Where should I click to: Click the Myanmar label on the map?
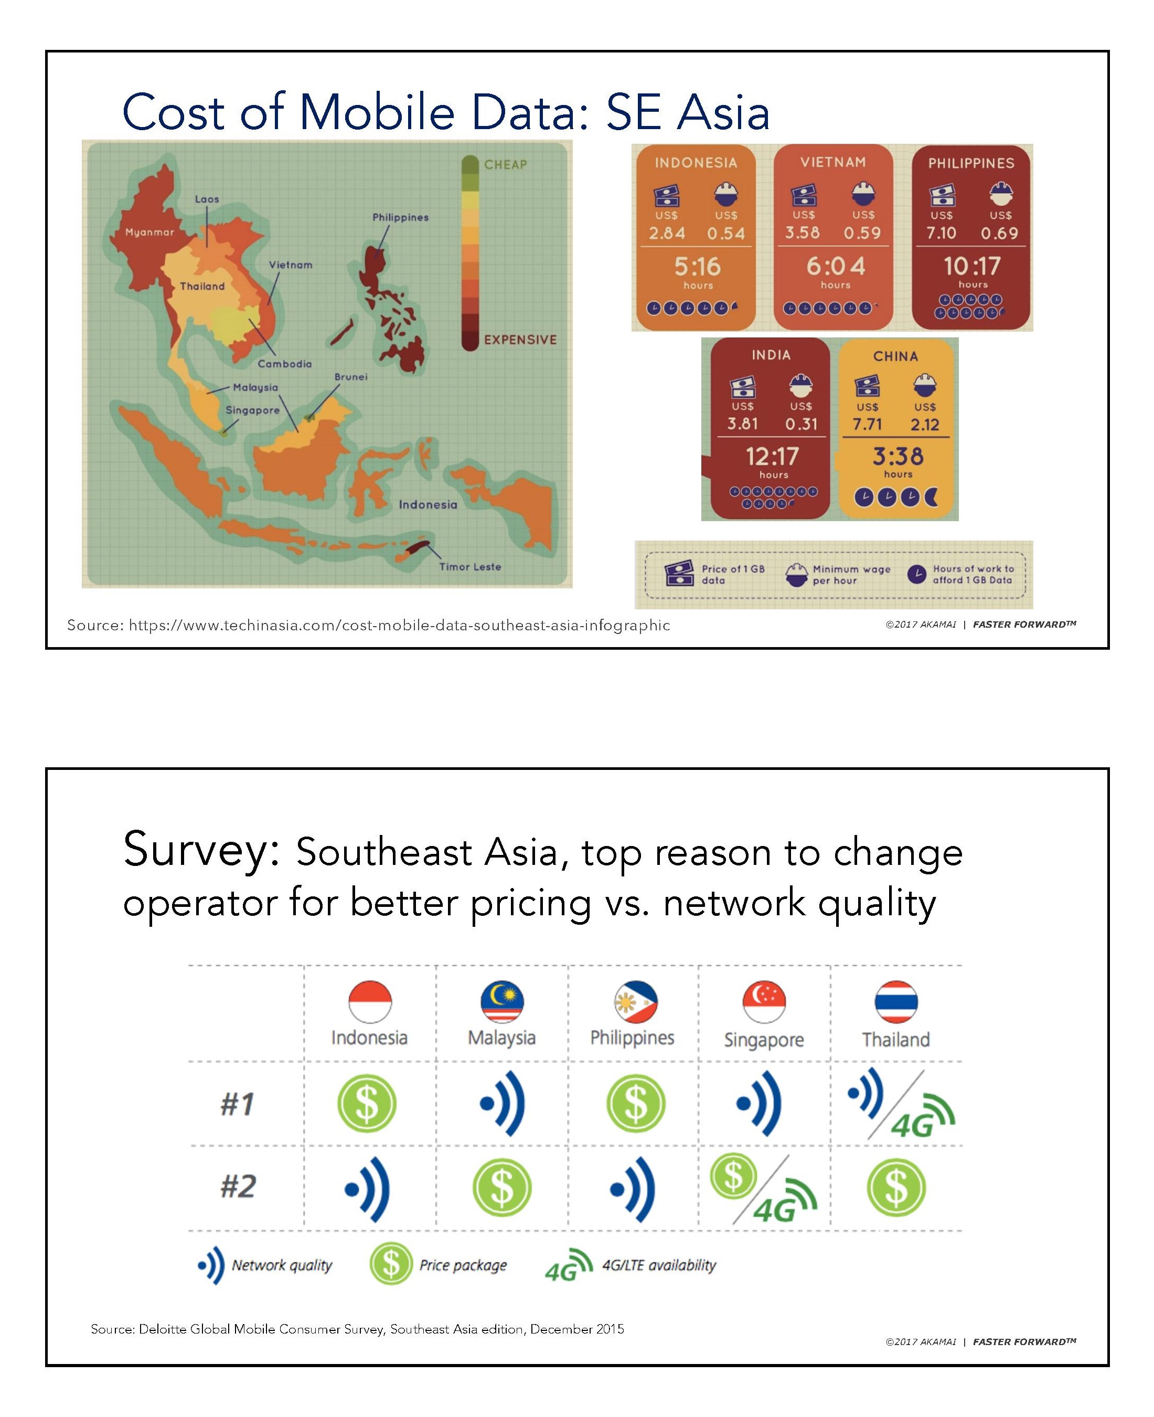tap(149, 232)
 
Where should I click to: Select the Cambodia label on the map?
tap(284, 364)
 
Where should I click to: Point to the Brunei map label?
tap(351, 377)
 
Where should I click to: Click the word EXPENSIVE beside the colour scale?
tap(520, 340)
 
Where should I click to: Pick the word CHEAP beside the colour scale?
tap(505, 164)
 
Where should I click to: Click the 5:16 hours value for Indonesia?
tap(697, 267)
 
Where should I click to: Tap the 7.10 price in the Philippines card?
tap(941, 232)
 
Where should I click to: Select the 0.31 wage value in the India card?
tap(801, 424)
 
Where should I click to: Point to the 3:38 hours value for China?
tap(898, 456)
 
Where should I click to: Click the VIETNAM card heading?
tap(833, 162)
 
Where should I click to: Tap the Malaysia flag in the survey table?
tap(502, 1001)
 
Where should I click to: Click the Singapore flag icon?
tap(764, 1001)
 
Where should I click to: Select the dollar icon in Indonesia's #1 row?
tap(367, 1103)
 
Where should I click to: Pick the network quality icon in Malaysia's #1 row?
tap(503, 1103)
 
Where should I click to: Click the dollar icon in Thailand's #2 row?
tap(896, 1188)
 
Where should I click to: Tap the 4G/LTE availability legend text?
tap(659, 1265)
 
